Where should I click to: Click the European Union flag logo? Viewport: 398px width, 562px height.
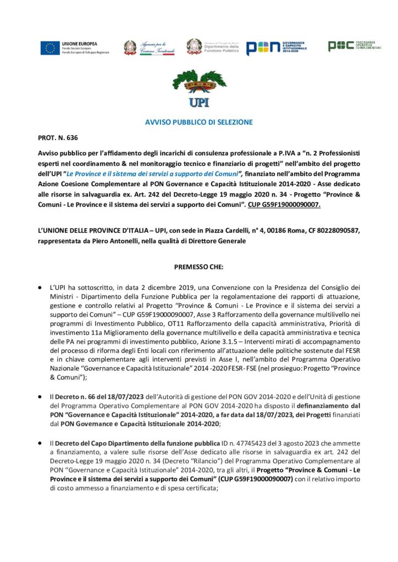tap(49, 48)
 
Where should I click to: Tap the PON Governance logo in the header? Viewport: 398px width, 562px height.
tap(276, 48)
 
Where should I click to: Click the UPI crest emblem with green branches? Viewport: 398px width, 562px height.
tap(198, 88)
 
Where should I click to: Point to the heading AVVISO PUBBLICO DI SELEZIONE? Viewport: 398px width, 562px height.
tap(198, 122)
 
